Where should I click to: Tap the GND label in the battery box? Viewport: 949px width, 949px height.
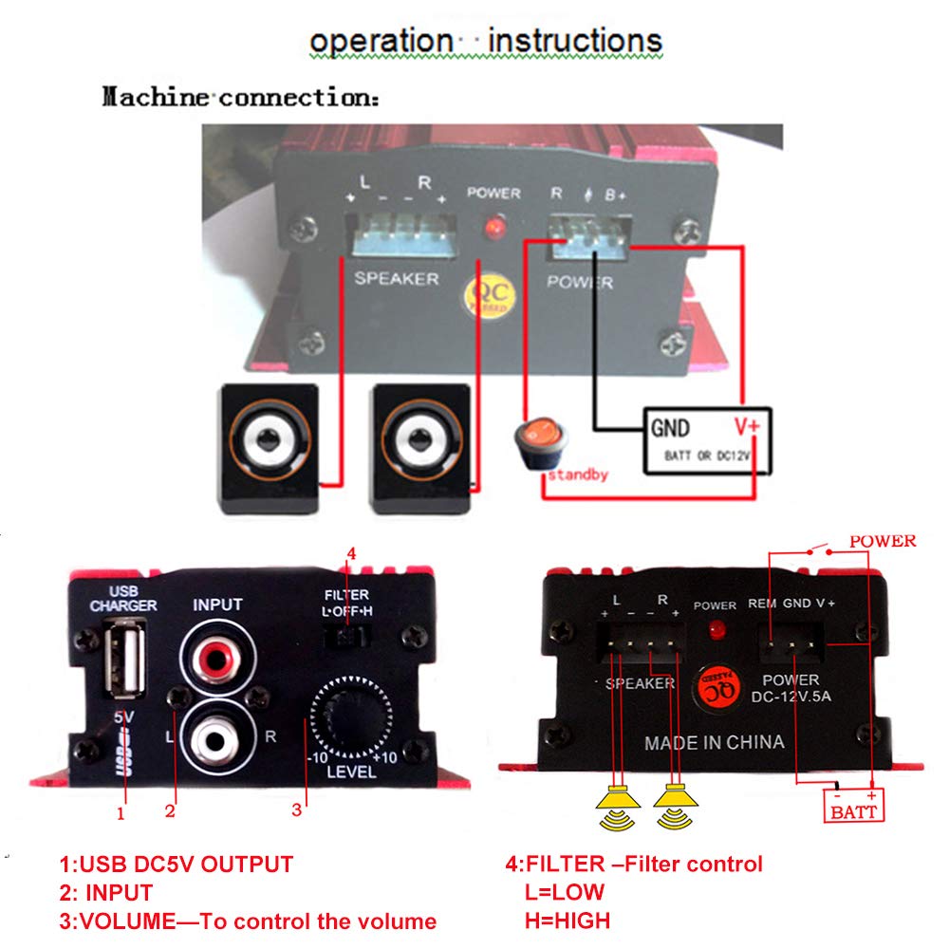pos(670,427)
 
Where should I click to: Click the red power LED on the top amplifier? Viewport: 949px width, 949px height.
pos(493,228)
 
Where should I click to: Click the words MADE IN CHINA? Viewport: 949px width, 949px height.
pos(715,742)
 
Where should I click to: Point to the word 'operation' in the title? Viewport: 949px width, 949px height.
pos(381,42)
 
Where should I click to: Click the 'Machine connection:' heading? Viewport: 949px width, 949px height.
pos(240,98)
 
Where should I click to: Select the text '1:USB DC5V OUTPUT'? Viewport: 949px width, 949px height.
pos(176,864)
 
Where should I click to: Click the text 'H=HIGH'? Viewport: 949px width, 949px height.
pos(567,920)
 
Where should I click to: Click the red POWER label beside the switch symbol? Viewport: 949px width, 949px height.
pos(884,541)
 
